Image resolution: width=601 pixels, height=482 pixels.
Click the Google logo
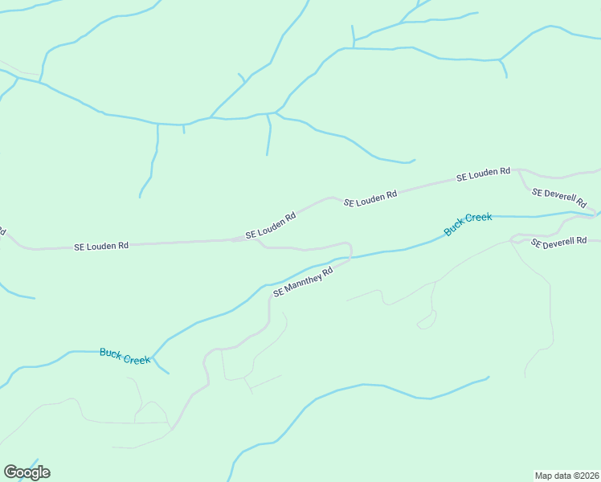click(x=27, y=472)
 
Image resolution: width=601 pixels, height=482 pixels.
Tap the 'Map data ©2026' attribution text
click(x=566, y=475)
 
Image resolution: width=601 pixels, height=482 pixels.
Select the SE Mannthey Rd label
click(x=303, y=282)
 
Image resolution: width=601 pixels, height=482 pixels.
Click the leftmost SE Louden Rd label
click(x=101, y=246)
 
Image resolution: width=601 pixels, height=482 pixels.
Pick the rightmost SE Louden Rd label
click(x=483, y=174)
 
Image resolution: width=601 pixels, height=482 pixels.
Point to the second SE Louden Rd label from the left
click(x=271, y=226)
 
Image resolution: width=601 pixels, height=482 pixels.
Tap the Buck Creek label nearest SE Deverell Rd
click(x=468, y=224)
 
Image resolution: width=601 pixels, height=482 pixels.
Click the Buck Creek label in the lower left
click(x=125, y=356)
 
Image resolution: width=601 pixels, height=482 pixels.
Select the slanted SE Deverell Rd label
click(x=559, y=198)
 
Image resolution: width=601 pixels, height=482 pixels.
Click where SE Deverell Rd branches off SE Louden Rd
click(x=520, y=170)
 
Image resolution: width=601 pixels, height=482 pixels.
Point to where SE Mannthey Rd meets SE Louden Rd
click(x=256, y=239)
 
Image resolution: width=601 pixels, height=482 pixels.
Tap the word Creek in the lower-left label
click(x=137, y=359)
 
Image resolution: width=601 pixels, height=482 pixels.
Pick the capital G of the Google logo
click(x=10, y=472)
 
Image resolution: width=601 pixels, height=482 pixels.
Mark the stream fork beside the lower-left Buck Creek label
click(x=153, y=357)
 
